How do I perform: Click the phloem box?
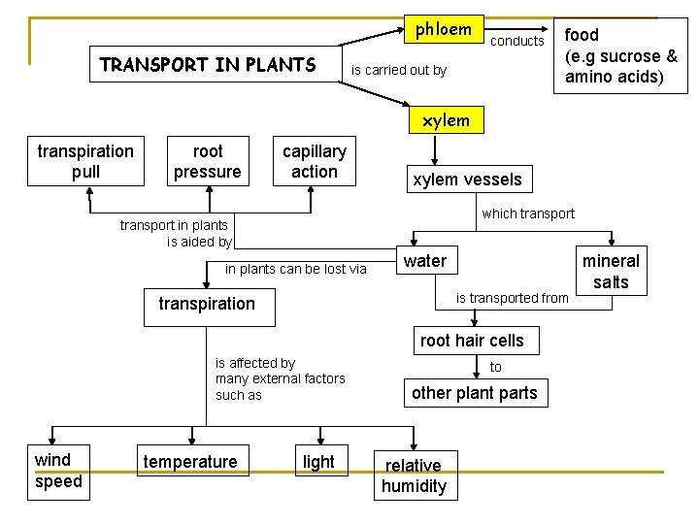444,29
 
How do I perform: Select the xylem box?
446,120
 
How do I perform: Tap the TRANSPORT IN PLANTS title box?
208,66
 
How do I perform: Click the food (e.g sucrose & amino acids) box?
620,55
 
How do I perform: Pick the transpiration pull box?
85,161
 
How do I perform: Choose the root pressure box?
207,161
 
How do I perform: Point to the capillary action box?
314,161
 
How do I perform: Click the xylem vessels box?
467,179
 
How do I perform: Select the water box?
425,261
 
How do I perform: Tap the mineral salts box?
611,272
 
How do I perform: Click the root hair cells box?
471,341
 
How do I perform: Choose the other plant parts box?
474,393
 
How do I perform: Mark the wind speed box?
58,471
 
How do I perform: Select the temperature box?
189,462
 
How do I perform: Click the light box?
318,462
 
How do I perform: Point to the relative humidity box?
414,475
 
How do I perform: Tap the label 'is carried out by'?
398,70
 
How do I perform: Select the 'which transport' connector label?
528,213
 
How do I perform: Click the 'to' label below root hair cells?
496,367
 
